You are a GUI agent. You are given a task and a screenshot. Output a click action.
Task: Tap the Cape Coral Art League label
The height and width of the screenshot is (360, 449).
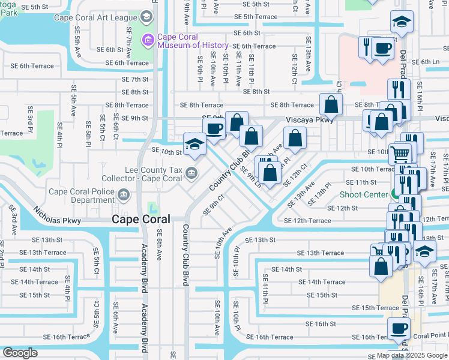click(95, 17)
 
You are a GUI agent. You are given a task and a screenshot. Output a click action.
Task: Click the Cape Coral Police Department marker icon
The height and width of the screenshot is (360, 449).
click(124, 194)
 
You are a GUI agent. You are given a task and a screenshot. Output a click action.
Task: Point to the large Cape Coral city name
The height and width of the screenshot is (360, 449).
click(140, 220)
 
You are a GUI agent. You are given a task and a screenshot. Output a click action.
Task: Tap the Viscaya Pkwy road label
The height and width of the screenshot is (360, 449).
click(309, 119)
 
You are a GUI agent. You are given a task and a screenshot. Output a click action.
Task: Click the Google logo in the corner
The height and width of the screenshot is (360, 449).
click(20, 353)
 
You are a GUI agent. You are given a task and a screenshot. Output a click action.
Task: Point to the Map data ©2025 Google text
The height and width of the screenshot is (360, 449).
click(411, 355)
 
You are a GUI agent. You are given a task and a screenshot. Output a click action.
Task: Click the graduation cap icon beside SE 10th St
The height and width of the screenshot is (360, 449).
click(194, 144)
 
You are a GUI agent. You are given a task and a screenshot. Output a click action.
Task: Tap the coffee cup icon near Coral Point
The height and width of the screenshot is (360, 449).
click(399, 329)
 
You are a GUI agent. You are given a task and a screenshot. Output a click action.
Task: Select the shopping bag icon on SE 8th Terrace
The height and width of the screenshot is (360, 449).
click(331, 104)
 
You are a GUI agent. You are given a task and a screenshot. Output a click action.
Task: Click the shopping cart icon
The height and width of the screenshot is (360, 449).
click(400, 154)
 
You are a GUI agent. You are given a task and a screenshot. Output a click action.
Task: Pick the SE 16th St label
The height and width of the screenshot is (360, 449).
click(316, 323)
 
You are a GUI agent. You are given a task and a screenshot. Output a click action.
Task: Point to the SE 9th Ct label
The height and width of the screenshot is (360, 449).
click(214, 204)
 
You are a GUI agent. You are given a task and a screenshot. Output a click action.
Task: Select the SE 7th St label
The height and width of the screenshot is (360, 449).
click(134, 79)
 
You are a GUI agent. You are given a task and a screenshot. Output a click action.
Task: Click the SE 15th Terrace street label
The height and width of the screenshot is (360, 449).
click(371, 308)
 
